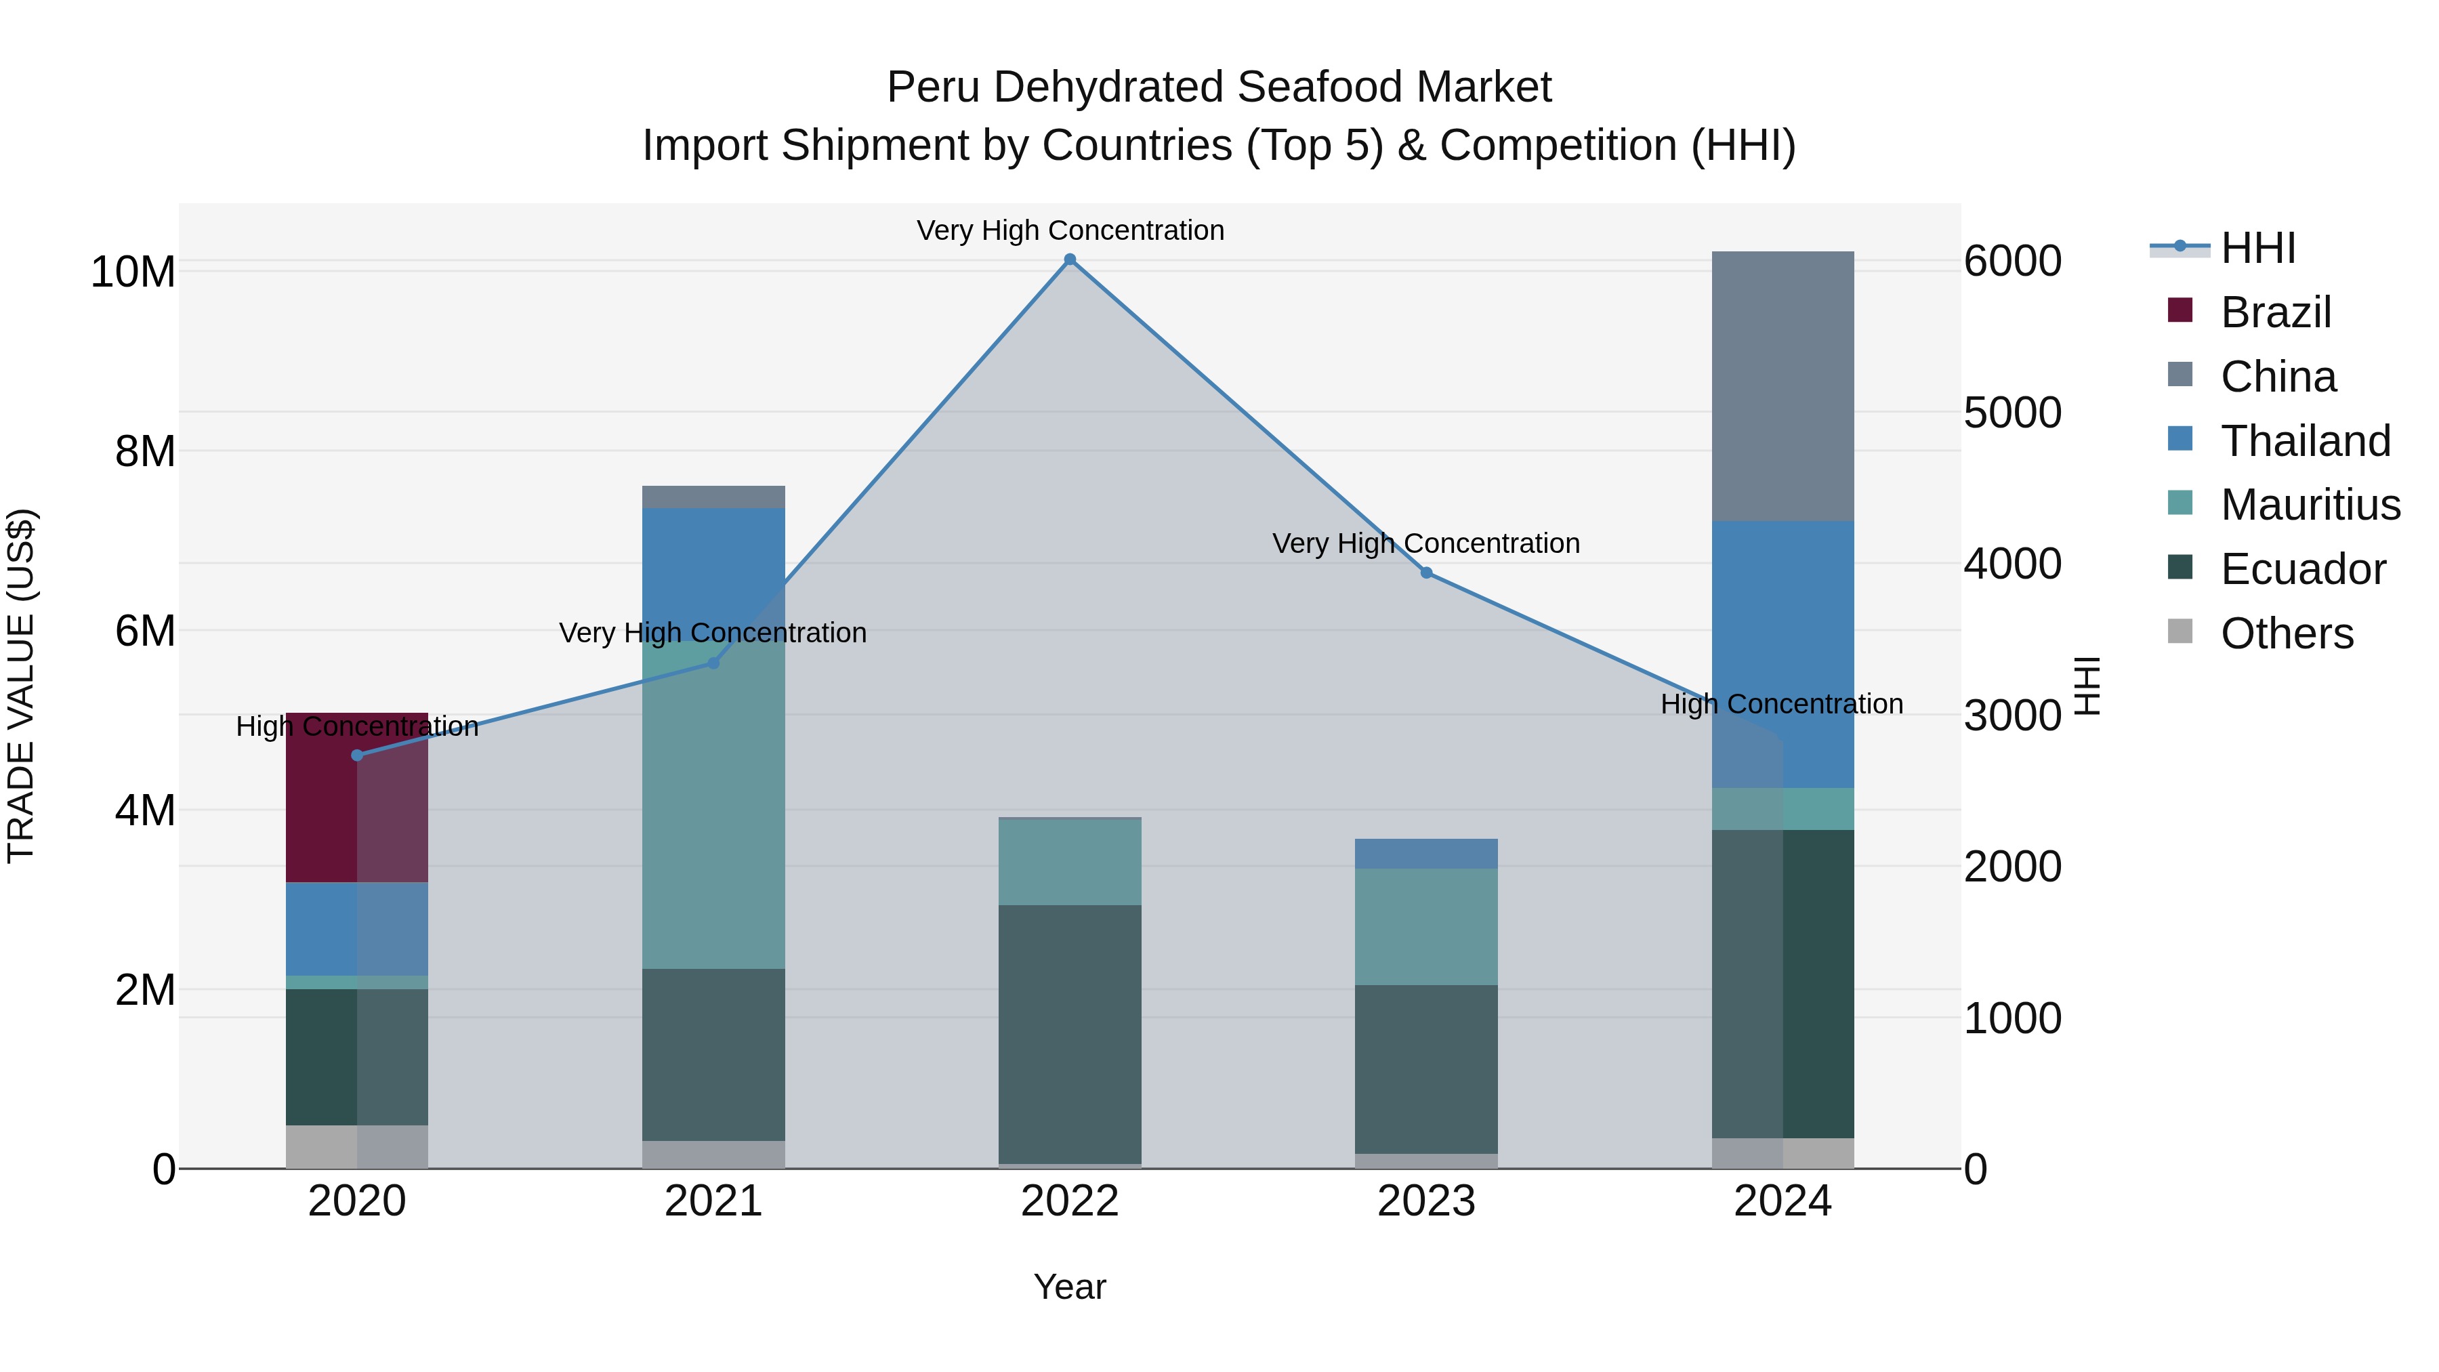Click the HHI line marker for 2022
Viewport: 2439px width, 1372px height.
click(1070, 259)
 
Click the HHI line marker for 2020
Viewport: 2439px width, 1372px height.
click(357, 755)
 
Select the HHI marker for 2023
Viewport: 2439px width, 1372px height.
click(1426, 573)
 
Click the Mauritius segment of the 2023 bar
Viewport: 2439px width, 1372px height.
click(1426, 926)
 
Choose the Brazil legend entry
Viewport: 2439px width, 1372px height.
click(2274, 312)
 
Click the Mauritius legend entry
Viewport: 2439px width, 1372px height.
click(2310, 505)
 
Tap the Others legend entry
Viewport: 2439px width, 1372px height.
click(2286, 633)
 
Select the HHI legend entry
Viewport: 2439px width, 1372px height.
click(2257, 248)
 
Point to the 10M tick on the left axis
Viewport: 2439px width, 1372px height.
click(133, 272)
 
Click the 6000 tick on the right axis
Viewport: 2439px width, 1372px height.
click(2013, 262)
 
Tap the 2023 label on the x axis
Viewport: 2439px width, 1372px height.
click(1426, 1201)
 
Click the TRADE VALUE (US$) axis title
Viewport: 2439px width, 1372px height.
click(21, 686)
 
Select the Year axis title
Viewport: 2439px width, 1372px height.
click(1070, 1287)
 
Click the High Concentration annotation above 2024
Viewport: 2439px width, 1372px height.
click(1781, 705)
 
